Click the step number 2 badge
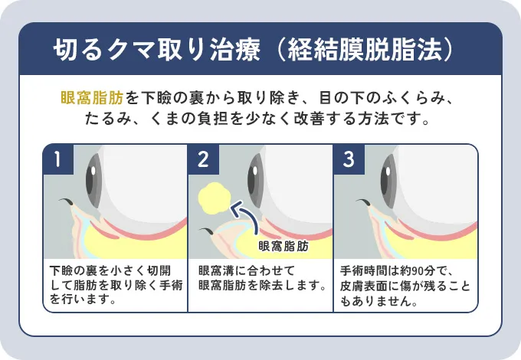(x=203, y=160)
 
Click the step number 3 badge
(x=349, y=160)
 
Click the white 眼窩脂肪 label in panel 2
(x=283, y=247)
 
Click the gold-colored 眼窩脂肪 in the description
(x=92, y=98)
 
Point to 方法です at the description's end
(x=398, y=120)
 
